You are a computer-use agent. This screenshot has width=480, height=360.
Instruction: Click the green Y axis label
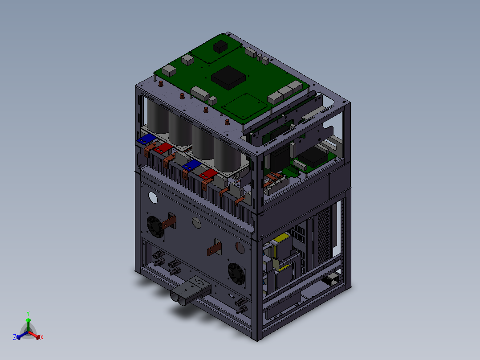28,314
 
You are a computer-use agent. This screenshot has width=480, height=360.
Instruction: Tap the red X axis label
42,337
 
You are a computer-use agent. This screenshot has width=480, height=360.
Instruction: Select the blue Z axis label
15,337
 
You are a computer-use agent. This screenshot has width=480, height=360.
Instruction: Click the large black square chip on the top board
228,78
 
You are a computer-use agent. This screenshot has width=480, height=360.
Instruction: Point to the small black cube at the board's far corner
220,47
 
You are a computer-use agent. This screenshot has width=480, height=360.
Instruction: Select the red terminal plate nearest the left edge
163,148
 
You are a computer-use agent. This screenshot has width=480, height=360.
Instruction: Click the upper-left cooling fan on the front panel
155,226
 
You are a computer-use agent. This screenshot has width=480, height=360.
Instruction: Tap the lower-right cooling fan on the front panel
236,274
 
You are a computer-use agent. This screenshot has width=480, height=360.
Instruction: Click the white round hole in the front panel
153,198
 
